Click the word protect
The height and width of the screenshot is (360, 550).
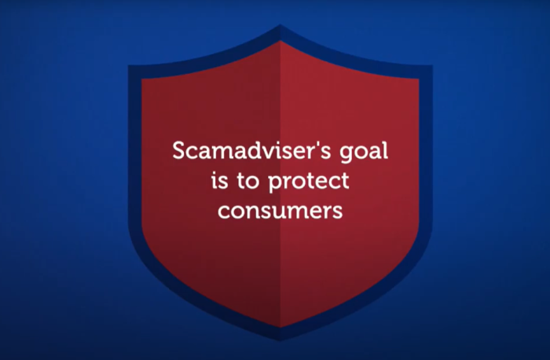(x=307, y=182)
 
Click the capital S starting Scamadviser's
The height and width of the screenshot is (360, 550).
(x=178, y=150)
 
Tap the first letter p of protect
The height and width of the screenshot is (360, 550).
(x=273, y=184)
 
